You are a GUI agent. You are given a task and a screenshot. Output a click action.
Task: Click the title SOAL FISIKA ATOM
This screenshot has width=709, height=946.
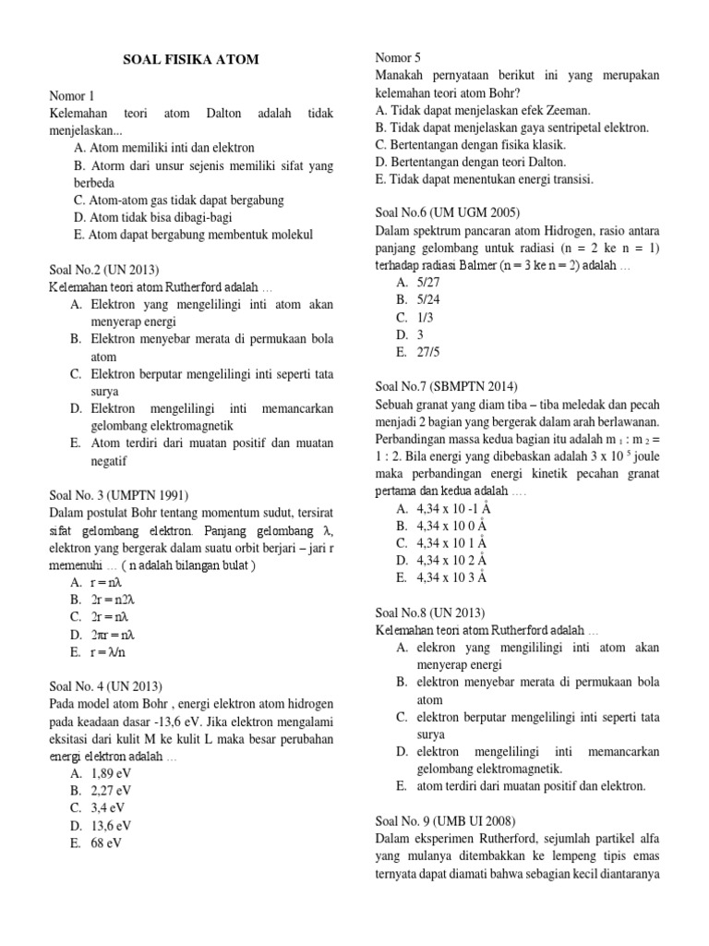[x=191, y=60]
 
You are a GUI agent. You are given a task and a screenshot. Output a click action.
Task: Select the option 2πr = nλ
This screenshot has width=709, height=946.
[x=114, y=634]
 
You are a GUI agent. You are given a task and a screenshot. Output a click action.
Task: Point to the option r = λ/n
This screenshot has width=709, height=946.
[x=109, y=651]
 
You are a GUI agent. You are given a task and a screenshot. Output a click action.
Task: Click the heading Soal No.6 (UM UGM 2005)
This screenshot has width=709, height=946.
[x=449, y=212]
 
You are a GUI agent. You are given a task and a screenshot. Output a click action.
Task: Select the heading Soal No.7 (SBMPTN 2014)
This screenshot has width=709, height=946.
[x=447, y=386]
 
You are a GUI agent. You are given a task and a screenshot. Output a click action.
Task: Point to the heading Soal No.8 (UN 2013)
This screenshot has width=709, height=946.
[x=430, y=612]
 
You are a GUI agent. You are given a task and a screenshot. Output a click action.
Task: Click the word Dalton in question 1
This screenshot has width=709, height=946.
[x=241, y=113]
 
